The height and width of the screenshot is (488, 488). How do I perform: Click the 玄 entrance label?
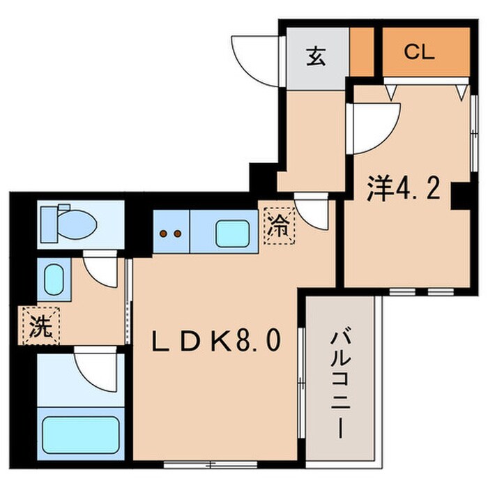coord(316,56)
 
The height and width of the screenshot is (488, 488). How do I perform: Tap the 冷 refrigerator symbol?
coord(278,225)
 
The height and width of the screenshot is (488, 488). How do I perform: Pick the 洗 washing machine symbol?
coord(40,326)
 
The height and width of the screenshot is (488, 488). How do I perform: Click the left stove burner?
coord(165,234)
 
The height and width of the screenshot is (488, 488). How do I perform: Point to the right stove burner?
coord(178,234)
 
